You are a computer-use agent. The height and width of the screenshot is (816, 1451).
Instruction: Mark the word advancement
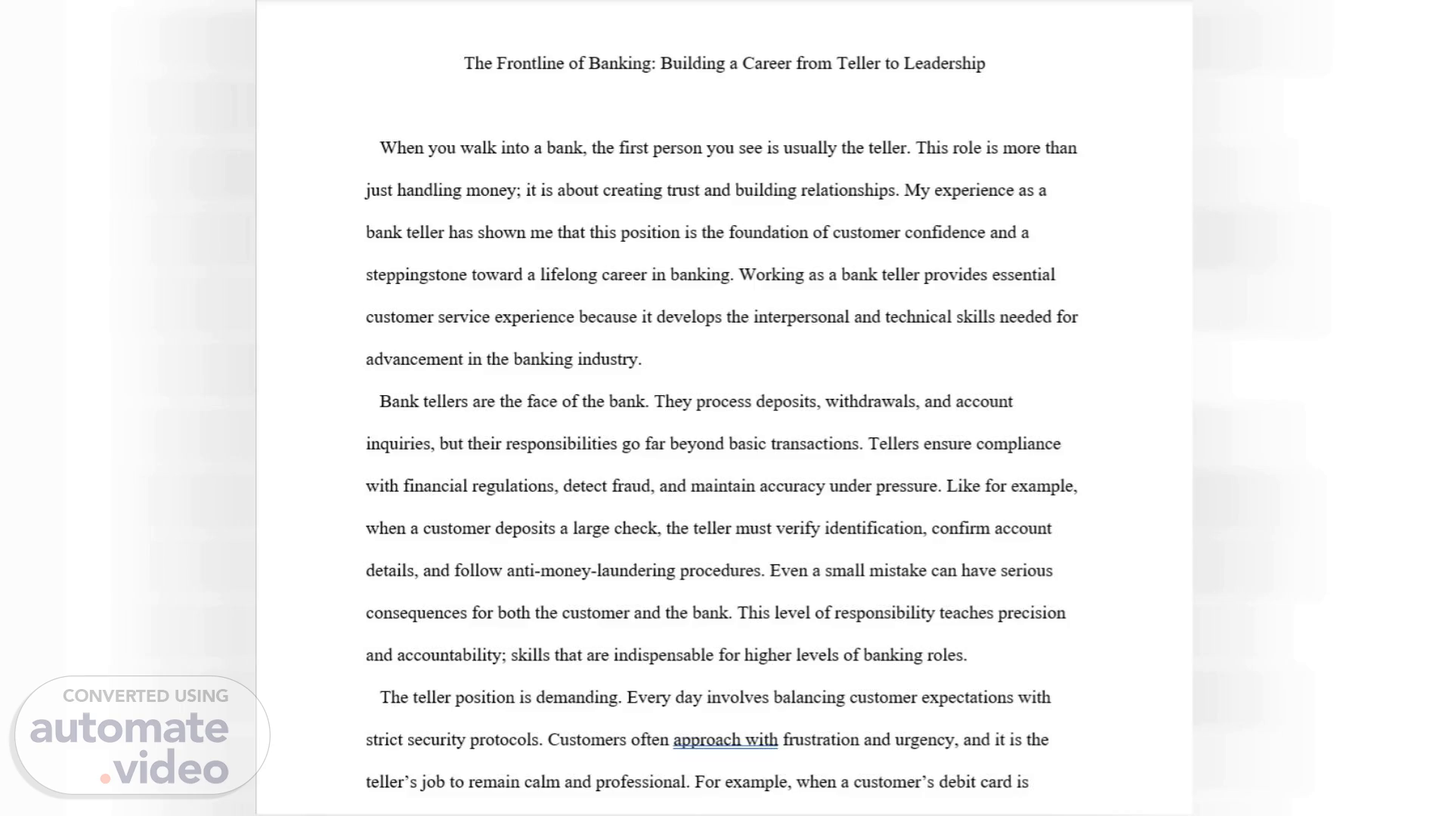tap(414, 360)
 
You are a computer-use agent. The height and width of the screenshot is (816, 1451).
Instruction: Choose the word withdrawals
tap(871, 402)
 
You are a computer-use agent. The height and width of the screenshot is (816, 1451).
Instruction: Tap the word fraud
tap(630, 487)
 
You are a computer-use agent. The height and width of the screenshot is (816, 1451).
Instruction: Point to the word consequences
tap(416, 614)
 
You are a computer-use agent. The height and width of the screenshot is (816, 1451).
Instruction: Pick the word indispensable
tap(663, 656)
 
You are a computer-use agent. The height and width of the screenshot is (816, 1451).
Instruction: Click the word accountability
tap(450, 656)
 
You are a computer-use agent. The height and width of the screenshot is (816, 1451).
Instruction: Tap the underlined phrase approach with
tap(725, 740)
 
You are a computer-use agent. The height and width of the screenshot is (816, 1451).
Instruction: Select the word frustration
tap(821, 740)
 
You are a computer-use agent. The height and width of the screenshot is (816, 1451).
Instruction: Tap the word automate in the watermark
tap(129, 728)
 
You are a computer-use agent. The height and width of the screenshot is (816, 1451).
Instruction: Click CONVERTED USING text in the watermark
tap(145, 696)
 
